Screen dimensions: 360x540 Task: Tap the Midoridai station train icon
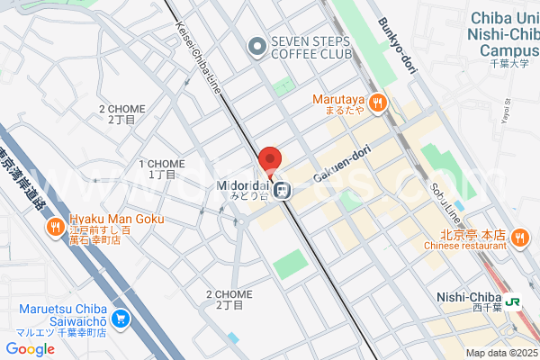(282, 190)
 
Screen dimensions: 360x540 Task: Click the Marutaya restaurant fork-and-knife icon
(377, 103)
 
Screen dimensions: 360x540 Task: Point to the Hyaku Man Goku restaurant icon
(56, 226)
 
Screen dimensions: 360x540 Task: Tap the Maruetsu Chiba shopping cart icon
(121, 318)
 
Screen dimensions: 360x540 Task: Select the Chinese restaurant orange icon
(519, 238)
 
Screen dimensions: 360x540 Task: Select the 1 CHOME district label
(162, 168)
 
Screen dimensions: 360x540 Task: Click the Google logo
(30, 349)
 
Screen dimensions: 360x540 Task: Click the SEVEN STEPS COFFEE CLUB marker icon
(257, 44)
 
